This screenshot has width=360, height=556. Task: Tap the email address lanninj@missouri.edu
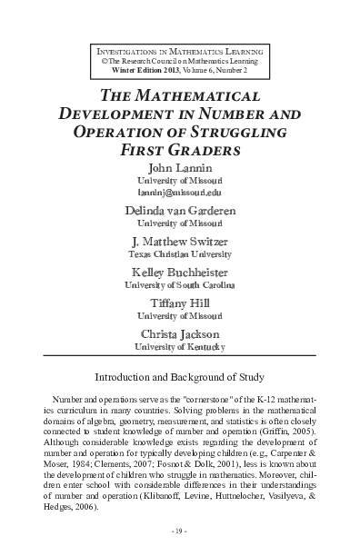(180, 193)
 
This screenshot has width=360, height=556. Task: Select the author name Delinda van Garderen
(180, 210)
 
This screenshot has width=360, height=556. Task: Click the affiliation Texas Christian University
(180, 256)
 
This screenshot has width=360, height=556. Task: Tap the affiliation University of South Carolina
(180, 288)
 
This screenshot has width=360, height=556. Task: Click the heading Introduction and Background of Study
(180, 375)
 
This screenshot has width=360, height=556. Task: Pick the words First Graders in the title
(180, 151)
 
